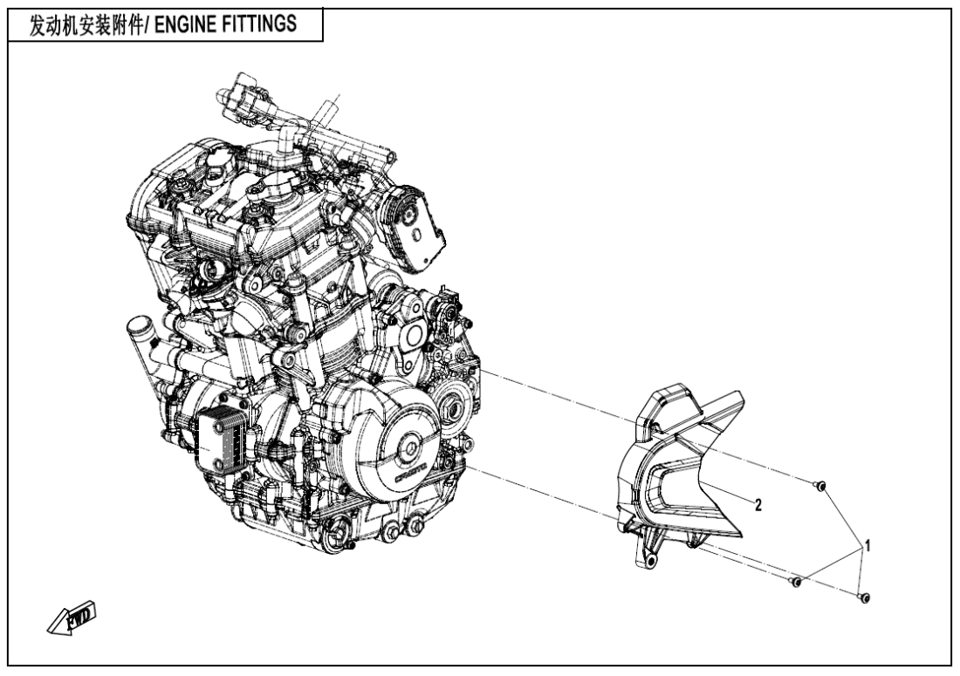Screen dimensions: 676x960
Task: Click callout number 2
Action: point(758,505)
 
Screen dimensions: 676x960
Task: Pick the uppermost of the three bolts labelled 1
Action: point(820,486)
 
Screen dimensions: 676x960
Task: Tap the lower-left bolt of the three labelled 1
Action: point(795,581)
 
